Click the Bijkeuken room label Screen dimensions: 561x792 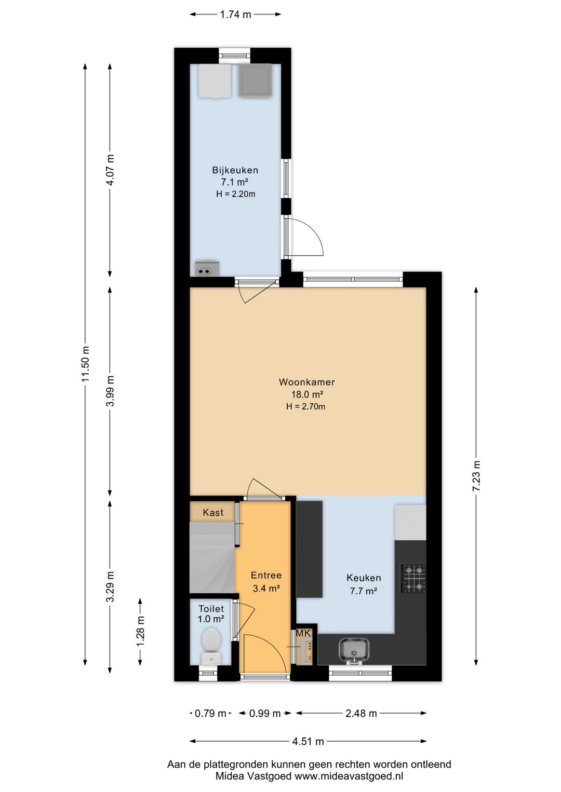(x=235, y=170)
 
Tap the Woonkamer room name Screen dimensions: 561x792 (x=306, y=382)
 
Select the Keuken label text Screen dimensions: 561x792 (x=364, y=578)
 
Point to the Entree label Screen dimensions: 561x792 (x=266, y=575)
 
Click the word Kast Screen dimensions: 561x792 (x=213, y=512)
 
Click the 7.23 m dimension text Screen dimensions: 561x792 (x=476, y=475)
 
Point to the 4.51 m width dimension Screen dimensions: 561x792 (x=308, y=738)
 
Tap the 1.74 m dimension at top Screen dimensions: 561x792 (x=235, y=15)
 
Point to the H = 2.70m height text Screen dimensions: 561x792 (x=306, y=406)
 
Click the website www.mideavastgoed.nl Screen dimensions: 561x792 (x=349, y=776)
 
